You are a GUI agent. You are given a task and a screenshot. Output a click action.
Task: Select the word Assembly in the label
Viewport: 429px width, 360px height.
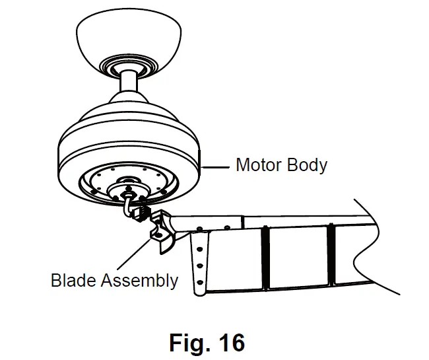click(140, 281)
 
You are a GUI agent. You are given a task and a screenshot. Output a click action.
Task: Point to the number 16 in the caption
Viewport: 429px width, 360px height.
click(228, 343)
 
